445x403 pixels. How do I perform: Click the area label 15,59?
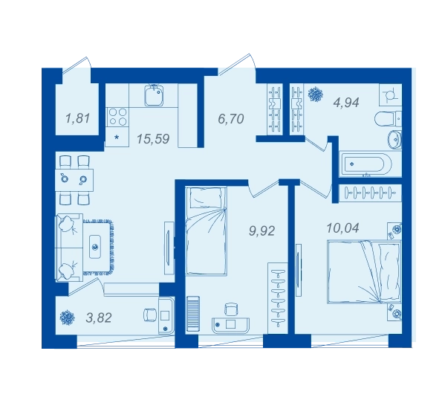(153, 139)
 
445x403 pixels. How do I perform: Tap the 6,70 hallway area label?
(231, 119)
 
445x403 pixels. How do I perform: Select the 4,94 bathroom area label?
(346, 103)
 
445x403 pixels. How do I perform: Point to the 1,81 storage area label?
(77, 118)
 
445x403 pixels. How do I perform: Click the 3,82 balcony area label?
(99, 317)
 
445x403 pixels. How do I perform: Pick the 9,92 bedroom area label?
(262, 231)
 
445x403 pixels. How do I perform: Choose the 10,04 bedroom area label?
(342, 228)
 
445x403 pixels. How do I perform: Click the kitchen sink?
(154, 95)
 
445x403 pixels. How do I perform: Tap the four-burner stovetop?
(118, 117)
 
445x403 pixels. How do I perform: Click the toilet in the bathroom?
(388, 120)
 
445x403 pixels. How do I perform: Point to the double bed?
(364, 272)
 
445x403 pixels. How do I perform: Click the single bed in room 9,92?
(206, 230)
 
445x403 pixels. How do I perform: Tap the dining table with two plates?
(74, 180)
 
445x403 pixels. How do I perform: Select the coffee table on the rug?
(96, 247)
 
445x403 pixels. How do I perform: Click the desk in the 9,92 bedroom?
(230, 325)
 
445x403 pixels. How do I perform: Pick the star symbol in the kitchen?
(117, 138)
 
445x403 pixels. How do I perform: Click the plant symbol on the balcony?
(68, 317)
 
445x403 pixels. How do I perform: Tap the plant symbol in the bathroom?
(316, 94)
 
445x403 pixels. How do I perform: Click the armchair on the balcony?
(151, 315)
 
